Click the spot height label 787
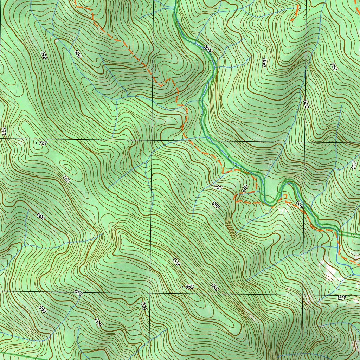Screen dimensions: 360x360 point(43,143)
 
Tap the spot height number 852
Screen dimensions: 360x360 point(189,287)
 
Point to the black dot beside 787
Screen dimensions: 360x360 point(36,143)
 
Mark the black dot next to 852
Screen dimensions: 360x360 point(182,287)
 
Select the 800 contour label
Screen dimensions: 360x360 point(176,262)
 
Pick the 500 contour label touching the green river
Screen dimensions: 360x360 point(208,49)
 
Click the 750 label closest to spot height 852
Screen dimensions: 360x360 point(214,287)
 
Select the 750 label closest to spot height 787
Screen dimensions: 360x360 point(66,179)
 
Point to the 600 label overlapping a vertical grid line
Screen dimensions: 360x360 point(306,104)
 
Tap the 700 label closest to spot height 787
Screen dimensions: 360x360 point(4,132)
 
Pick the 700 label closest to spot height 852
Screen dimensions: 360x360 point(143,306)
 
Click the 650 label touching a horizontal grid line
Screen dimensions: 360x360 point(78,292)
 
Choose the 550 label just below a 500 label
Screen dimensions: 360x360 point(215,205)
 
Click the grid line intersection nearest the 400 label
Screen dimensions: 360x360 point(304,142)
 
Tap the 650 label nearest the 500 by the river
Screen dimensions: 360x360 point(264,63)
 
